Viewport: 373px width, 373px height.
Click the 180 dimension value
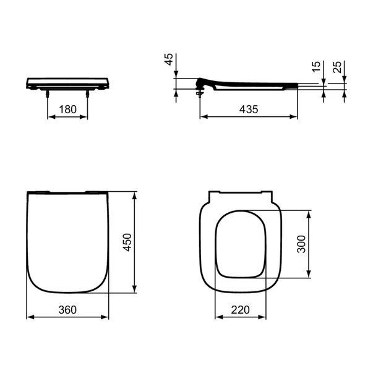point(67,109)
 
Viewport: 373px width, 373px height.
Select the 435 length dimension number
point(248,109)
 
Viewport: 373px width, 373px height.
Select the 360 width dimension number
point(67,310)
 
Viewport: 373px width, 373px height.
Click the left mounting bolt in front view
point(48,93)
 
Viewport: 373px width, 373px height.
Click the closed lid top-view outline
point(67,241)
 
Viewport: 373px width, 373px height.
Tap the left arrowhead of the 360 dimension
point(30,317)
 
